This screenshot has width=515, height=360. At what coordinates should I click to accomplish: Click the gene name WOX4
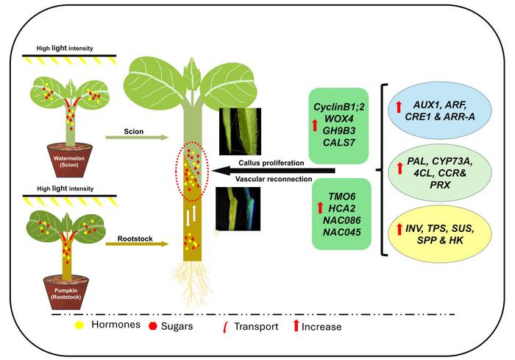338,119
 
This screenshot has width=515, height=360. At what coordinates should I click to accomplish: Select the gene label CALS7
338,142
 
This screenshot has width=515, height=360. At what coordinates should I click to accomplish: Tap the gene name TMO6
342,197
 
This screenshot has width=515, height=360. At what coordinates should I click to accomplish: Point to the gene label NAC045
341,232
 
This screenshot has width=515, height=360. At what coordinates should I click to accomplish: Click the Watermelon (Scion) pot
70,160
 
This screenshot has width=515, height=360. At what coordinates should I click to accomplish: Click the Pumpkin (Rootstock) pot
66,292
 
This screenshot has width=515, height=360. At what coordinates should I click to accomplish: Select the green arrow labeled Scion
137,138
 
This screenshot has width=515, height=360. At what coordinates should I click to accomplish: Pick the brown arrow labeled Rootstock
137,244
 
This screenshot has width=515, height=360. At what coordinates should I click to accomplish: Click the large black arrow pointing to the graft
274,171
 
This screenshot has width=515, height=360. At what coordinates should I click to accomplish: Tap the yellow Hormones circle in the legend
79,325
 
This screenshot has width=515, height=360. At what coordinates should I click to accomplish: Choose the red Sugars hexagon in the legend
153,326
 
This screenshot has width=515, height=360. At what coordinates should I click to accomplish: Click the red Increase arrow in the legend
296,325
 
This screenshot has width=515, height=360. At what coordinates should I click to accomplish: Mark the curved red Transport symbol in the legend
225,328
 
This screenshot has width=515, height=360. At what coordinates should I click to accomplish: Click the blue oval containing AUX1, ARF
439,110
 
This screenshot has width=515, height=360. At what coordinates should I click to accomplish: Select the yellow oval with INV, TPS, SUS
439,234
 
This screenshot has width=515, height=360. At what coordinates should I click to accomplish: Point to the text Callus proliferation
271,163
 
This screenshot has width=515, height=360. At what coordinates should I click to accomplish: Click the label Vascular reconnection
274,179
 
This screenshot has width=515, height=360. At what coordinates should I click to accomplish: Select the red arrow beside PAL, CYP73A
399,168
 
